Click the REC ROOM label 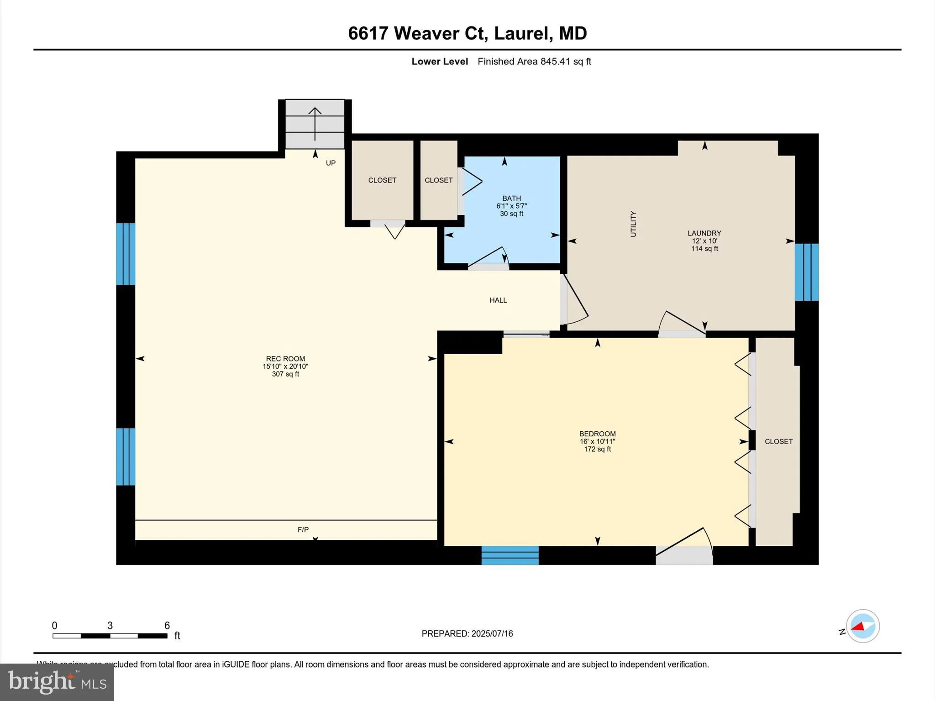coord(285,359)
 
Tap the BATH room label coord(511,198)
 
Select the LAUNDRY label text coord(704,233)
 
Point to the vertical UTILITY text coord(633,224)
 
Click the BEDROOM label coord(597,434)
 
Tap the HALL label coord(498,300)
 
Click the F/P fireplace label coord(303,529)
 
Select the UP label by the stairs coord(331,163)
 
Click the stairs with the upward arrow coord(315,124)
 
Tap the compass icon coord(862,626)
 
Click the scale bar coord(110,635)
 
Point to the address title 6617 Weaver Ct coord(467,33)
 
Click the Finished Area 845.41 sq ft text coord(534,62)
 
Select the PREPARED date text coord(467,633)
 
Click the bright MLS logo coord(57,682)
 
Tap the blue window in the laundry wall coord(807,272)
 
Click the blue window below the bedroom coord(510,555)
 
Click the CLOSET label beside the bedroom coord(778,441)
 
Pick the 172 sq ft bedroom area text coord(597,449)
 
